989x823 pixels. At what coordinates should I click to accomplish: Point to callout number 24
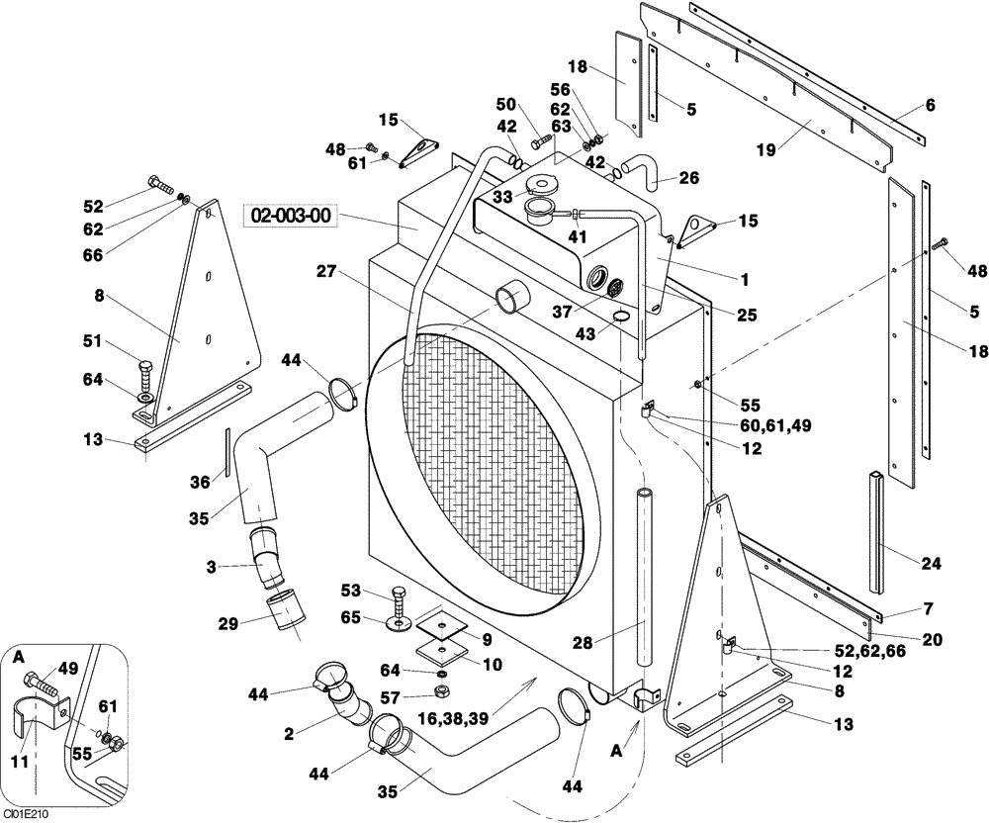[931, 564]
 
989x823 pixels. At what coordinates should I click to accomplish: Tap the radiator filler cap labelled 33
[543, 185]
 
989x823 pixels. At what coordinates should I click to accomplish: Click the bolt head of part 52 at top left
[156, 183]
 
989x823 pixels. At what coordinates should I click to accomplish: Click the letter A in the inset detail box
[19, 655]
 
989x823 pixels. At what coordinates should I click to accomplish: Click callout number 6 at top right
[931, 105]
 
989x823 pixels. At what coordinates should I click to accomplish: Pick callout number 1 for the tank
[744, 253]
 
